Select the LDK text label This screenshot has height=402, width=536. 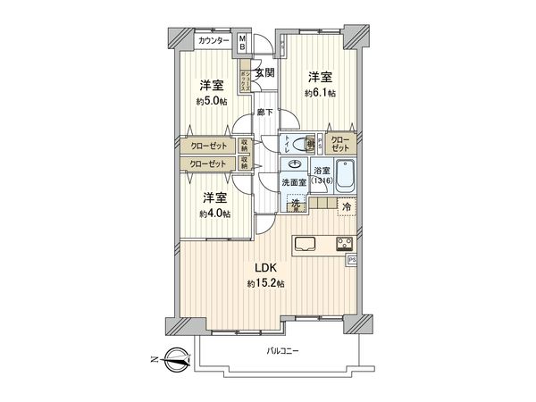pyautogui.click(x=267, y=268)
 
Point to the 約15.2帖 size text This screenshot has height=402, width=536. pyautogui.click(x=267, y=283)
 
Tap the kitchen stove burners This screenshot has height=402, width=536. pyautogui.click(x=345, y=243)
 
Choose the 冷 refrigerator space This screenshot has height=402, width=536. pyautogui.click(x=348, y=206)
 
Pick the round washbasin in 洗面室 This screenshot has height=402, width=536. pyautogui.click(x=295, y=166)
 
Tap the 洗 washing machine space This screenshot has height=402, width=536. pyautogui.click(x=295, y=205)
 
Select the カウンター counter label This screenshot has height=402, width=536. pyautogui.click(x=213, y=41)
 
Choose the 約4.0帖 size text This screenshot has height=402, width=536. pyautogui.click(x=214, y=214)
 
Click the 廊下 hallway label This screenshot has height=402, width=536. pyautogui.click(x=264, y=112)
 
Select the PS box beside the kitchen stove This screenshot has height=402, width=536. pyautogui.click(x=351, y=260)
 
